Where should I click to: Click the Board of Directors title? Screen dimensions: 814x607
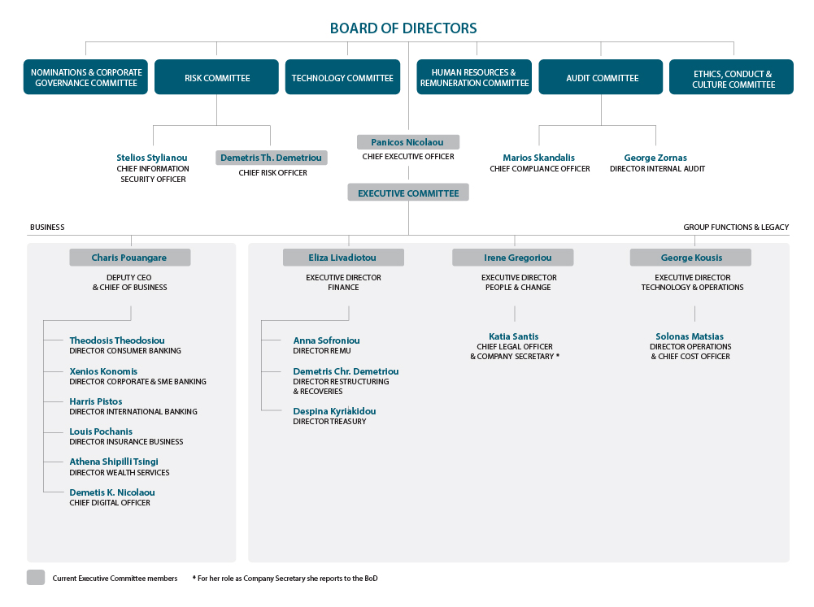pyautogui.click(x=403, y=28)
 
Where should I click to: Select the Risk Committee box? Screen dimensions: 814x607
pyautogui.click(x=216, y=76)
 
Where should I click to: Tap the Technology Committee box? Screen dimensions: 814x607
pyautogui.click(x=342, y=76)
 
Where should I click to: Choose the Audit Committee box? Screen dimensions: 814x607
pyautogui.click(x=601, y=76)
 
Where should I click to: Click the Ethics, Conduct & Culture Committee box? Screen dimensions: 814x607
pyautogui.click(x=731, y=76)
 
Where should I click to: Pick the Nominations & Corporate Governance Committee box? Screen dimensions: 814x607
pyautogui.click(x=85, y=76)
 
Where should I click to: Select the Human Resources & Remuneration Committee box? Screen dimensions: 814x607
pyautogui.click(x=474, y=76)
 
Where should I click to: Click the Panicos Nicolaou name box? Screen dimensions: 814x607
pyautogui.click(x=408, y=142)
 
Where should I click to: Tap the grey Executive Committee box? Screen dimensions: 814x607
pyautogui.click(x=408, y=193)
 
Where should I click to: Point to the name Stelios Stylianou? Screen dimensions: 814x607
pyautogui.click(x=151, y=158)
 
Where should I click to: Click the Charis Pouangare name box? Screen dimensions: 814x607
pyautogui.click(x=130, y=258)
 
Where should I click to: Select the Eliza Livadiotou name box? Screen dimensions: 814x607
pyautogui.click(x=343, y=258)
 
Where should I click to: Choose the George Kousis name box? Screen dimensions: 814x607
pyautogui.click(x=690, y=258)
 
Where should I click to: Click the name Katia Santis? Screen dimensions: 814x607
pyautogui.click(x=513, y=336)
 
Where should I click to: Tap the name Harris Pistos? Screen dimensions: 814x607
pyautogui.click(x=96, y=401)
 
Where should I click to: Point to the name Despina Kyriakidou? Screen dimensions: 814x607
pyautogui.click(x=334, y=411)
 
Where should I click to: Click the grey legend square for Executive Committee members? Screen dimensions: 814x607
pyautogui.click(x=36, y=578)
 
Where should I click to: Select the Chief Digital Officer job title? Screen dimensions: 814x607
pyautogui.click(x=110, y=503)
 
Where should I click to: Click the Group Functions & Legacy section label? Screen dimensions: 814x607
pyautogui.click(x=736, y=228)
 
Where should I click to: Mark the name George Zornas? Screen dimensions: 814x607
pyautogui.click(x=655, y=158)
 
